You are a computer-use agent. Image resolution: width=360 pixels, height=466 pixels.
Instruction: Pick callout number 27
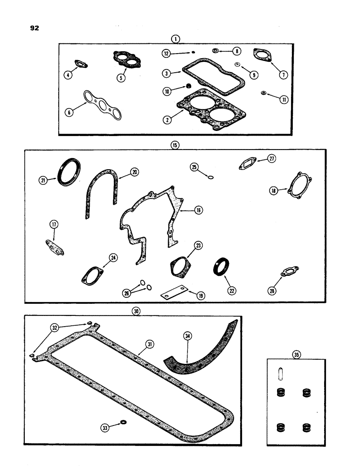(271, 158)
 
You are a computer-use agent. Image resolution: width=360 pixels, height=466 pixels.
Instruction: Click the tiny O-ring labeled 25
(210, 177)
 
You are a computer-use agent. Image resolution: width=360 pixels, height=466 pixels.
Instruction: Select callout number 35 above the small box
(296, 355)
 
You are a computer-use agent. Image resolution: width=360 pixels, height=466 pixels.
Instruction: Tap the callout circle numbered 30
(136, 311)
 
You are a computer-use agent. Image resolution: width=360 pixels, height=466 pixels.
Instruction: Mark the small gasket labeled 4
(82, 65)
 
